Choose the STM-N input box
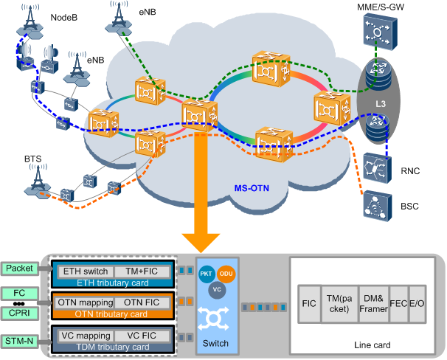pyautogui.click(x=24, y=341)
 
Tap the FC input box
pyautogui.click(x=24, y=294)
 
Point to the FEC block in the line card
pyautogui.click(x=398, y=302)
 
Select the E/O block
pyautogui.click(x=417, y=302)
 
